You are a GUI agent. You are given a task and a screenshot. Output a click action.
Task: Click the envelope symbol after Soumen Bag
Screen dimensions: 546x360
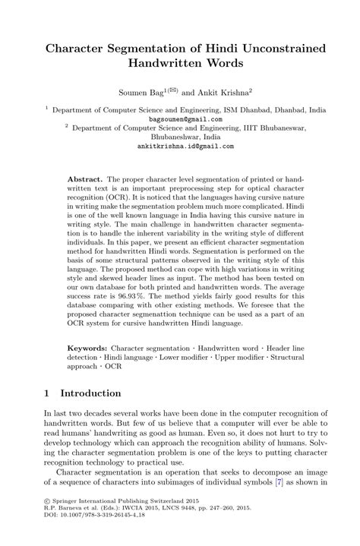click(x=172, y=87)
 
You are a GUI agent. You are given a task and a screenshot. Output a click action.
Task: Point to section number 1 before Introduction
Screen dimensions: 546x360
click(x=47, y=393)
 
